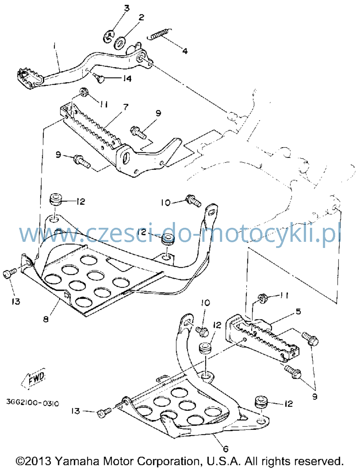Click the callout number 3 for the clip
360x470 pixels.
[x=127, y=8]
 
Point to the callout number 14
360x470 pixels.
[x=127, y=78]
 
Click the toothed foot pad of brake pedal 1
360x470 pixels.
[x=30, y=77]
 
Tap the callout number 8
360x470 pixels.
[x=46, y=319]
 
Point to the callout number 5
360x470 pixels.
[x=298, y=312]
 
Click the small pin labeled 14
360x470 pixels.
[x=99, y=78]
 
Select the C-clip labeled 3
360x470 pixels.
[x=109, y=36]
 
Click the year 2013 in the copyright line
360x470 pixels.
[x=38, y=461]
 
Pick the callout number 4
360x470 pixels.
[x=185, y=51]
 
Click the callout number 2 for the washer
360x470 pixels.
[x=141, y=17]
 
